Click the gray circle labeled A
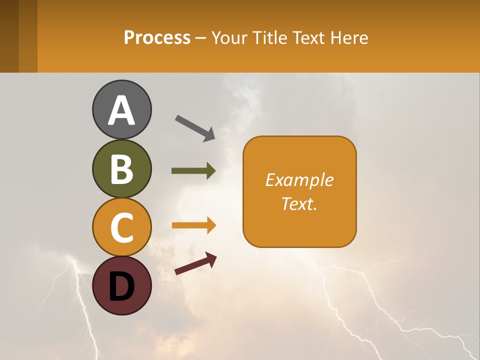point(121,109)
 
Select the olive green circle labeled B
point(121,168)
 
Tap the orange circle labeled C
point(121,227)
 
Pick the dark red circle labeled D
point(121,285)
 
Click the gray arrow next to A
point(195,127)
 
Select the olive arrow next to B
point(193,171)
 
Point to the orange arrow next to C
point(193,225)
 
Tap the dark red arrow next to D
point(195,263)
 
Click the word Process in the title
point(157,38)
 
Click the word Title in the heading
point(269,38)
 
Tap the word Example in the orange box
point(299,180)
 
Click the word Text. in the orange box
point(299,204)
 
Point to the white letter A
point(121,110)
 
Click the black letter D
point(121,286)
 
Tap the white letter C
point(121,227)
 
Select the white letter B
point(121,169)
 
